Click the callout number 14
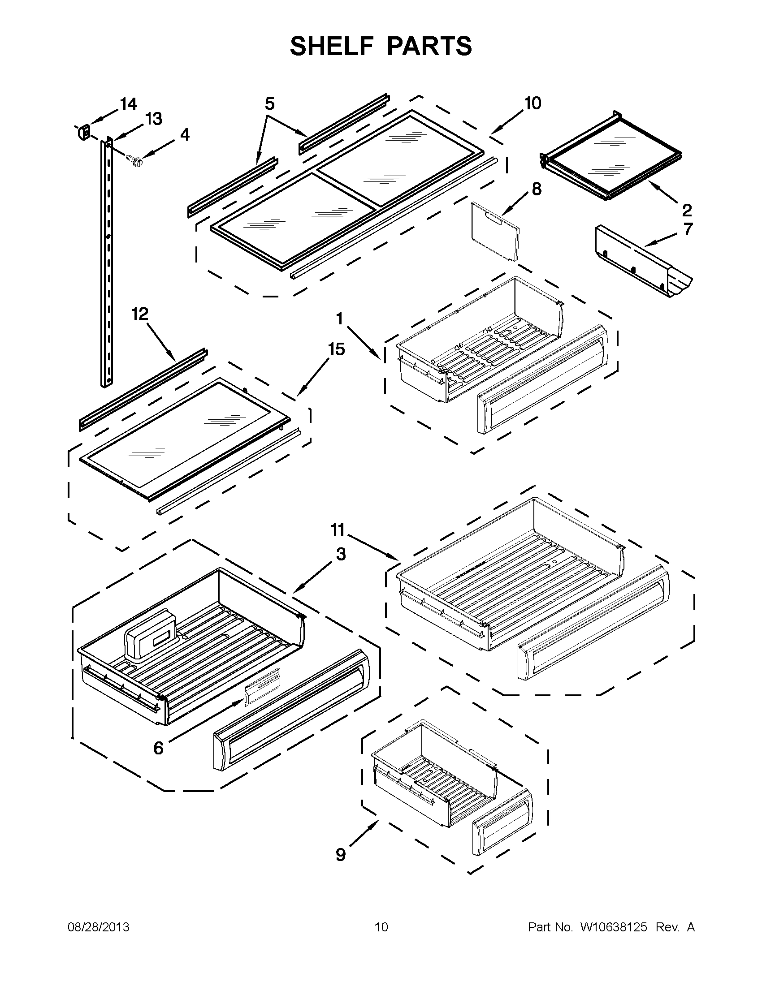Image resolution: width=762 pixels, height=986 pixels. [x=128, y=104]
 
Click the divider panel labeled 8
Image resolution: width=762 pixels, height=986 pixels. [x=494, y=232]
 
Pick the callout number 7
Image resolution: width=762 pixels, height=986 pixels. [x=688, y=229]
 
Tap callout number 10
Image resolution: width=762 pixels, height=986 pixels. [x=533, y=103]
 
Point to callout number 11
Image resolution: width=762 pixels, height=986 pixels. [x=338, y=530]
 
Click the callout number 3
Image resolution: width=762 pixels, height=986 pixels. [x=341, y=554]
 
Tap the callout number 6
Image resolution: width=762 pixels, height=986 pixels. [x=158, y=748]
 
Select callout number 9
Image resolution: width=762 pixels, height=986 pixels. [x=341, y=855]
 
